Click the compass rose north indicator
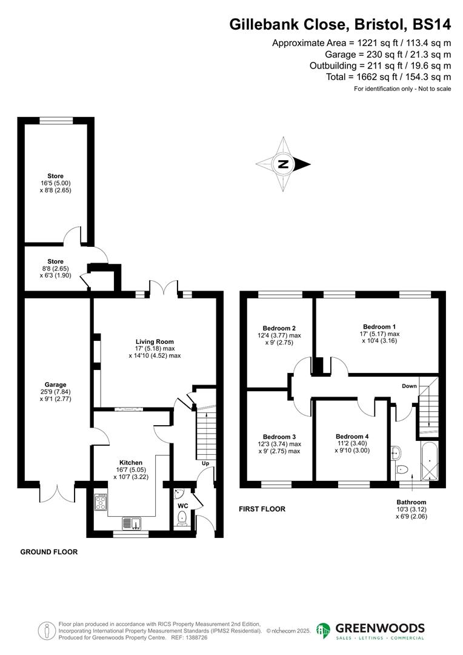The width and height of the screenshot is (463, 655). pyautogui.click(x=282, y=164)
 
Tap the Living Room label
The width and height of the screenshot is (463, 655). pyautogui.click(x=155, y=341)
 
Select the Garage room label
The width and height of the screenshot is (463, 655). pyautogui.click(x=56, y=384)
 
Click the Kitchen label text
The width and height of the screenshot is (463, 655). pyautogui.click(x=131, y=462)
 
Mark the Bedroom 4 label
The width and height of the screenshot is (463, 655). pyautogui.click(x=352, y=436)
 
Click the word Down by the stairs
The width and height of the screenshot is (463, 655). pyautogui.click(x=409, y=386)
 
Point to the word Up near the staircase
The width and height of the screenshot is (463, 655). pyautogui.click(x=206, y=463)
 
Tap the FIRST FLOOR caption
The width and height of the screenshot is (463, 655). pyautogui.click(x=262, y=509)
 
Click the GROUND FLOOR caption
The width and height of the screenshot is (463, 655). pyautogui.click(x=49, y=552)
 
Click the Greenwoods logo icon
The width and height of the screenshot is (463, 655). pyautogui.click(x=324, y=631)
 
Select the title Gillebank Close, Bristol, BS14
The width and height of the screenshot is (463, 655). pyautogui.click(x=340, y=25)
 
